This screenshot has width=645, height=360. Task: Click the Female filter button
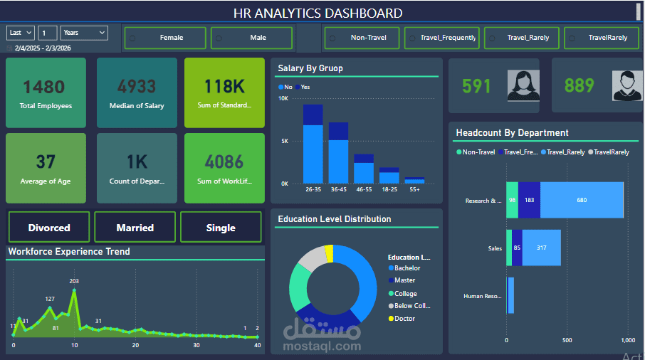coord(165,38)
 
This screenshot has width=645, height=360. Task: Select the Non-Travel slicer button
coord(362,38)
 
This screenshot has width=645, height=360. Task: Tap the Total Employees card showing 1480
coord(46,93)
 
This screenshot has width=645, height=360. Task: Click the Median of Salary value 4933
coord(137,87)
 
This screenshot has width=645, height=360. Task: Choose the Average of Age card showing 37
coord(46,169)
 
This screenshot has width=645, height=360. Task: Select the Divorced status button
coord(49,228)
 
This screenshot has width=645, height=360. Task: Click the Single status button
coord(221,228)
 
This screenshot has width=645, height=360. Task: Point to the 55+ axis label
coord(414,191)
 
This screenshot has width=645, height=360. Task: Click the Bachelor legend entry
coord(407,268)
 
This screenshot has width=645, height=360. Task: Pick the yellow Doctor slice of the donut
coord(329,253)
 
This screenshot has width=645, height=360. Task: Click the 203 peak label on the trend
coord(74,282)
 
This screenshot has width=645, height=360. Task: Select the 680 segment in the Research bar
coord(582,201)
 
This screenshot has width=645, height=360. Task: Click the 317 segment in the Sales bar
coord(542,248)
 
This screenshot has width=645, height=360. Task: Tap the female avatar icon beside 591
coord(523,85)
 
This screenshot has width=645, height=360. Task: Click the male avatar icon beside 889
coord(626,85)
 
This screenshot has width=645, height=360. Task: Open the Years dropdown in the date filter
coord(84,33)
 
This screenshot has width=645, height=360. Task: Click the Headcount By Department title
coord(512,132)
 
